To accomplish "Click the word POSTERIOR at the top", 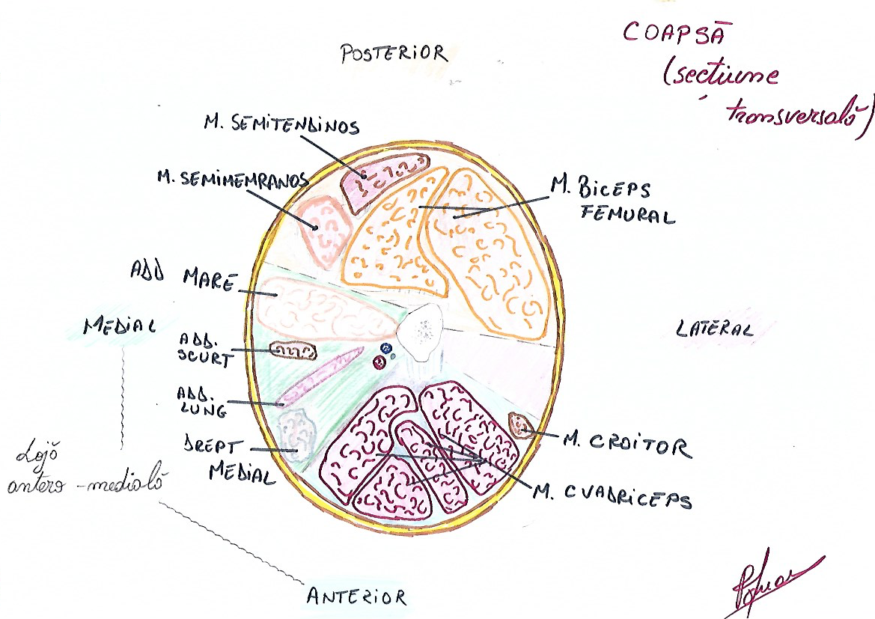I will pyautogui.click(x=393, y=53).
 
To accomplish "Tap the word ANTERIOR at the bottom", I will pyautogui.click(x=356, y=597).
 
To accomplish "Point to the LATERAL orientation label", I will pyautogui.click(x=714, y=329).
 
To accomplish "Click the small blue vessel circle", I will pyautogui.click(x=386, y=349).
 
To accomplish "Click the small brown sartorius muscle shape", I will pyautogui.click(x=519, y=425).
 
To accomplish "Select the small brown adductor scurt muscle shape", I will pyautogui.click(x=293, y=350).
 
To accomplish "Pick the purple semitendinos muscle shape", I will pyautogui.click(x=382, y=180).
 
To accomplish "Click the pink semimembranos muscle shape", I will pyautogui.click(x=323, y=228).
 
